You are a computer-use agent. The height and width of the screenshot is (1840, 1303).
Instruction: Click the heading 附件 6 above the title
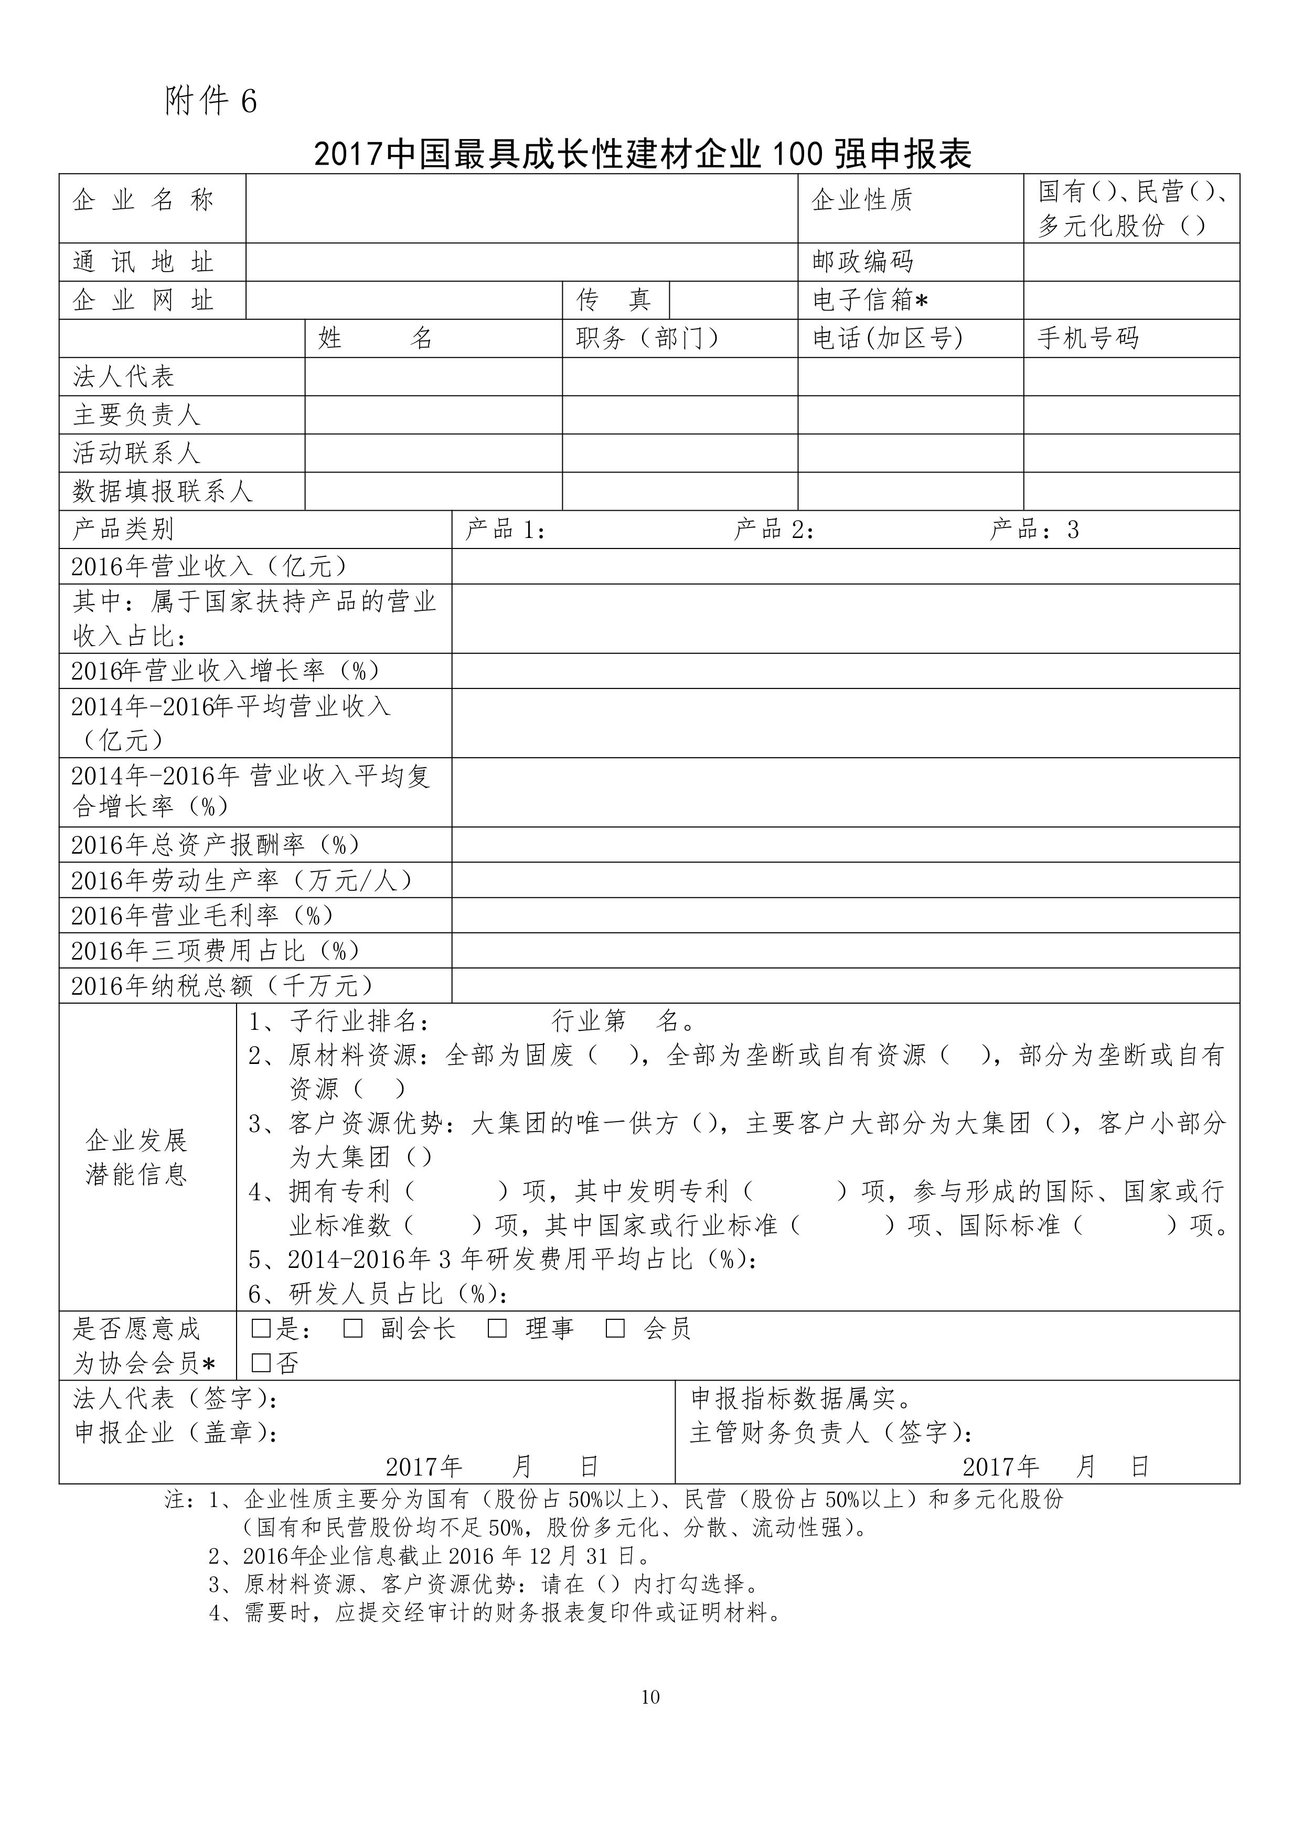coord(211,101)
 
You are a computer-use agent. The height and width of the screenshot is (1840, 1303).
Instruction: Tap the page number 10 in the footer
coord(650,1696)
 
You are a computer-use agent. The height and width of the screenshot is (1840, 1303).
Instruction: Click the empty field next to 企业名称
coord(521,209)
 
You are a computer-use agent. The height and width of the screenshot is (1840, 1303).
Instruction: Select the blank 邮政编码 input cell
coord(1131,262)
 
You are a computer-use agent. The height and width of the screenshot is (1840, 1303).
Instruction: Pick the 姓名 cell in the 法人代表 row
coord(433,376)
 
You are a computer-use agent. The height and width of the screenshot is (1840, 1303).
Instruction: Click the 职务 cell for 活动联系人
coord(680,453)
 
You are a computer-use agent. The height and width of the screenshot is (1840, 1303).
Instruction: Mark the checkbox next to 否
coord(261,1363)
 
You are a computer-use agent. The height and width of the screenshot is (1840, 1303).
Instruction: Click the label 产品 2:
coord(773,530)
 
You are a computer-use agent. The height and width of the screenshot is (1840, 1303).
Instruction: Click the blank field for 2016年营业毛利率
coord(845,915)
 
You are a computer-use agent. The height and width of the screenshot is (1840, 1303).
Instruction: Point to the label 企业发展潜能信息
coord(136,1157)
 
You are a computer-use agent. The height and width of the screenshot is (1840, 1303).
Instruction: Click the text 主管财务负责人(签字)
coord(832,1433)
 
